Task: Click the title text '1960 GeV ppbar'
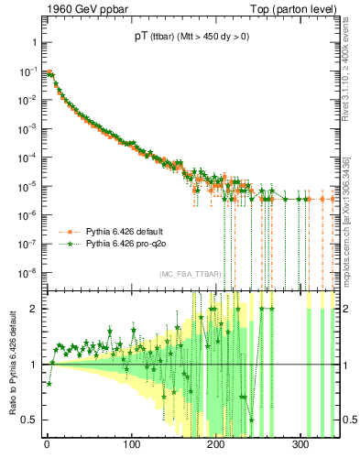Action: pos(80,9)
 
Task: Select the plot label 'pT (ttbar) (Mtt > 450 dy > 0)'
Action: pos(191,38)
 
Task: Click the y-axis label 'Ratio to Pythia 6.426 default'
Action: pos(12,364)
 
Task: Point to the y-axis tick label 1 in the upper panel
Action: pos(34,42)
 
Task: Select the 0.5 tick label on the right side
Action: pos(348,420)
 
